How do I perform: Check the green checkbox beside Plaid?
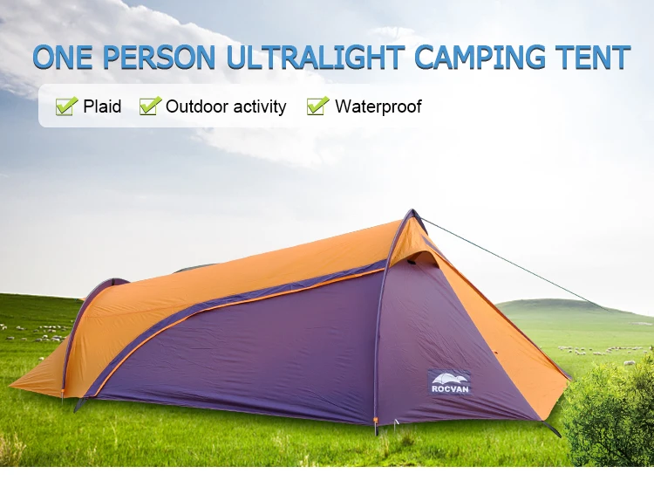pos(65,106)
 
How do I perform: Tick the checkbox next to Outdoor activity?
pos(150,106)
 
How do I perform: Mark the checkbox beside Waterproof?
pos(317,106)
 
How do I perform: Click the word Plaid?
pos(102,107)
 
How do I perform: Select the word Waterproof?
pos(378,107)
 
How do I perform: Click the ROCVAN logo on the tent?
pos(449,381)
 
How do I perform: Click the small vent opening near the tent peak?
pos(422,256)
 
